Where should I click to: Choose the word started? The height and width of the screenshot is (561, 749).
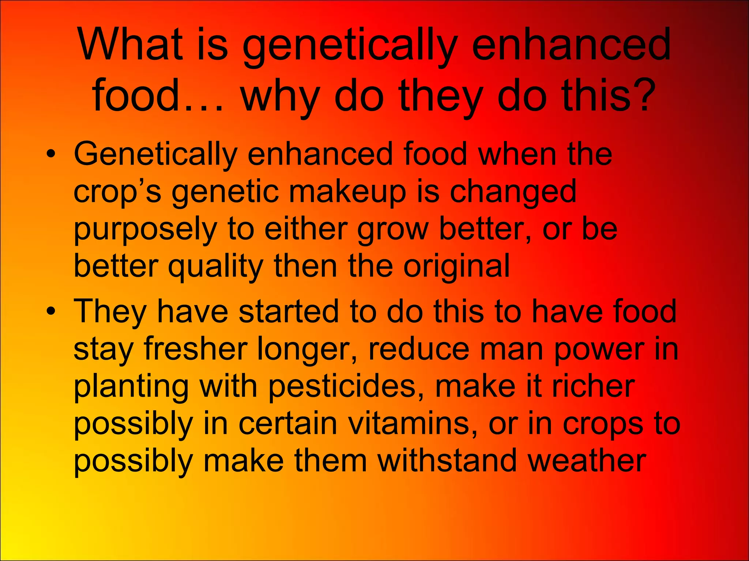coord(289,311)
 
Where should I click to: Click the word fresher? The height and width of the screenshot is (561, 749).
coord(195,349)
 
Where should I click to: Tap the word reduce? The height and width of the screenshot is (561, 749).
coord(418,349)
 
